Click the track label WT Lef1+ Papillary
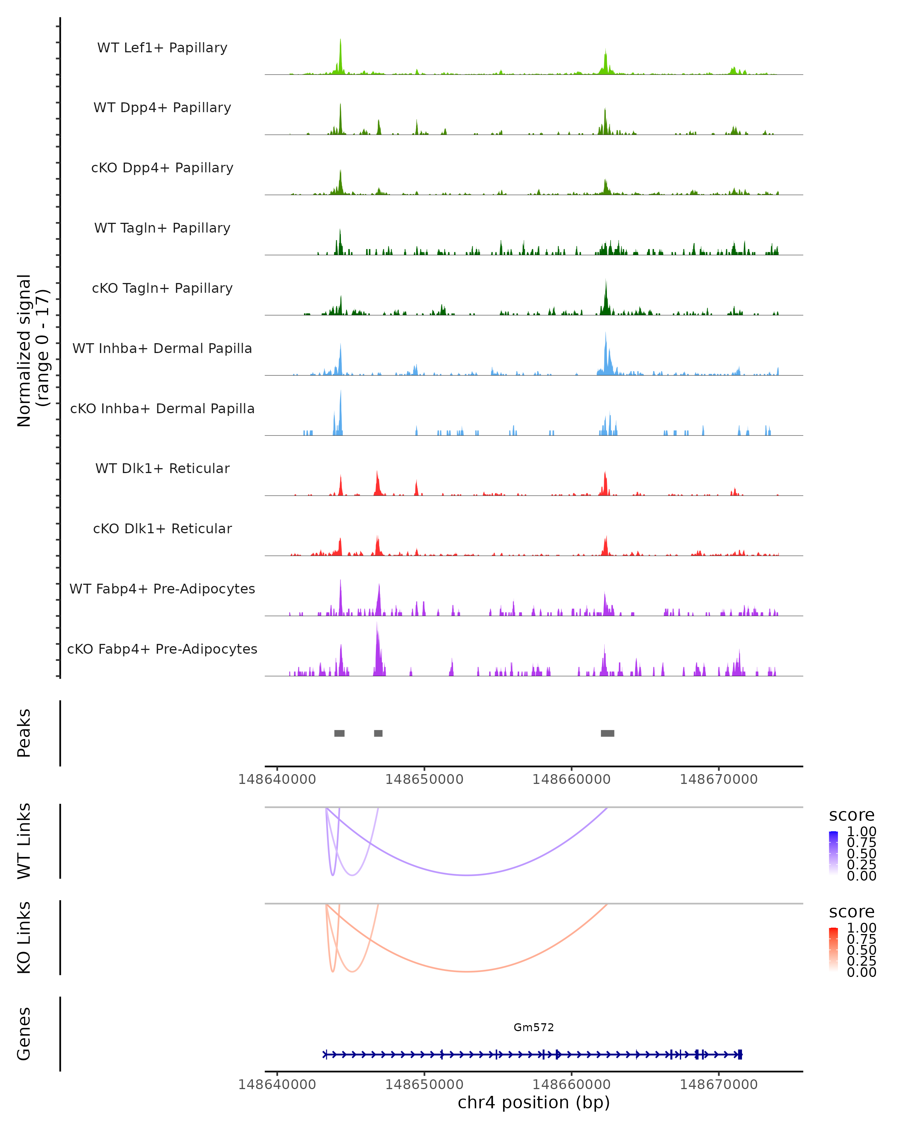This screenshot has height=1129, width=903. click(x=162, y=48)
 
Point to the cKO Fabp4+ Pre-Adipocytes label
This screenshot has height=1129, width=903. click(x=162, y=649)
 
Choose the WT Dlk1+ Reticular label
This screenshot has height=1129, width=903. click(x=162, y=468)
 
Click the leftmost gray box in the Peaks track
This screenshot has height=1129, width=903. click(x=339, y=733)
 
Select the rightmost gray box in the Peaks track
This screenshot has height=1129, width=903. click(x=607, y=733)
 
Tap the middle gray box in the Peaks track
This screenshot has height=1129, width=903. click(x=378, y=733)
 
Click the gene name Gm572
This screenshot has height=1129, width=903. click(x=534, y=1027)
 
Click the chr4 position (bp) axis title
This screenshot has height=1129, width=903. click(x=534, y=1102)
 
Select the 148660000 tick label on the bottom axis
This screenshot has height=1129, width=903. click(x=571, y=1085)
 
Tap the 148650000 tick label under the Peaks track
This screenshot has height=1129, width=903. click(x=424, y=779)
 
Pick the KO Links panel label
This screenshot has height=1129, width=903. click(x=24, y=937)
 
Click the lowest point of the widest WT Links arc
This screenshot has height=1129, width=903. click(x=467, y=875)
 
